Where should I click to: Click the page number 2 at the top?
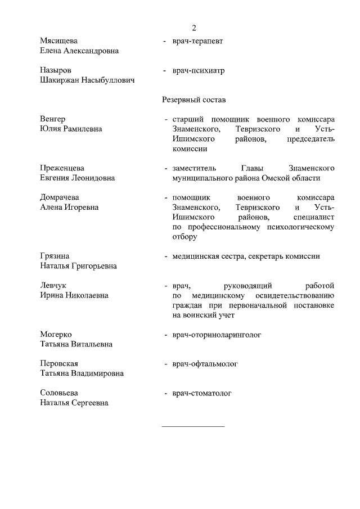pyautogui.click(x=193, y=28)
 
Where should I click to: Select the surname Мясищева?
pyautogui.click(x=59, y=41)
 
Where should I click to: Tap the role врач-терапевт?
pyautogui.click(x=200, y=41)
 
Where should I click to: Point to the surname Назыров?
pyautogui.click(x=56, y=71)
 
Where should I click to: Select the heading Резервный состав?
pyautogui.click(x=194, y=100)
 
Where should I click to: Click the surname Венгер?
pyautogui.click(x=53, y=119)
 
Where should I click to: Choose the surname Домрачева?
pyautogui.click(x=60, y=197)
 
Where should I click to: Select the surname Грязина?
pyautogui.click(x=55, y=256)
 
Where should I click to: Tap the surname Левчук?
pyautogui.click(x=53, y=286)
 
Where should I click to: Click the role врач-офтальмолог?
pyautogui.click(x=205, y=364)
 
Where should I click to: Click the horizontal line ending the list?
pyautogui.click(x=193, y=426)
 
